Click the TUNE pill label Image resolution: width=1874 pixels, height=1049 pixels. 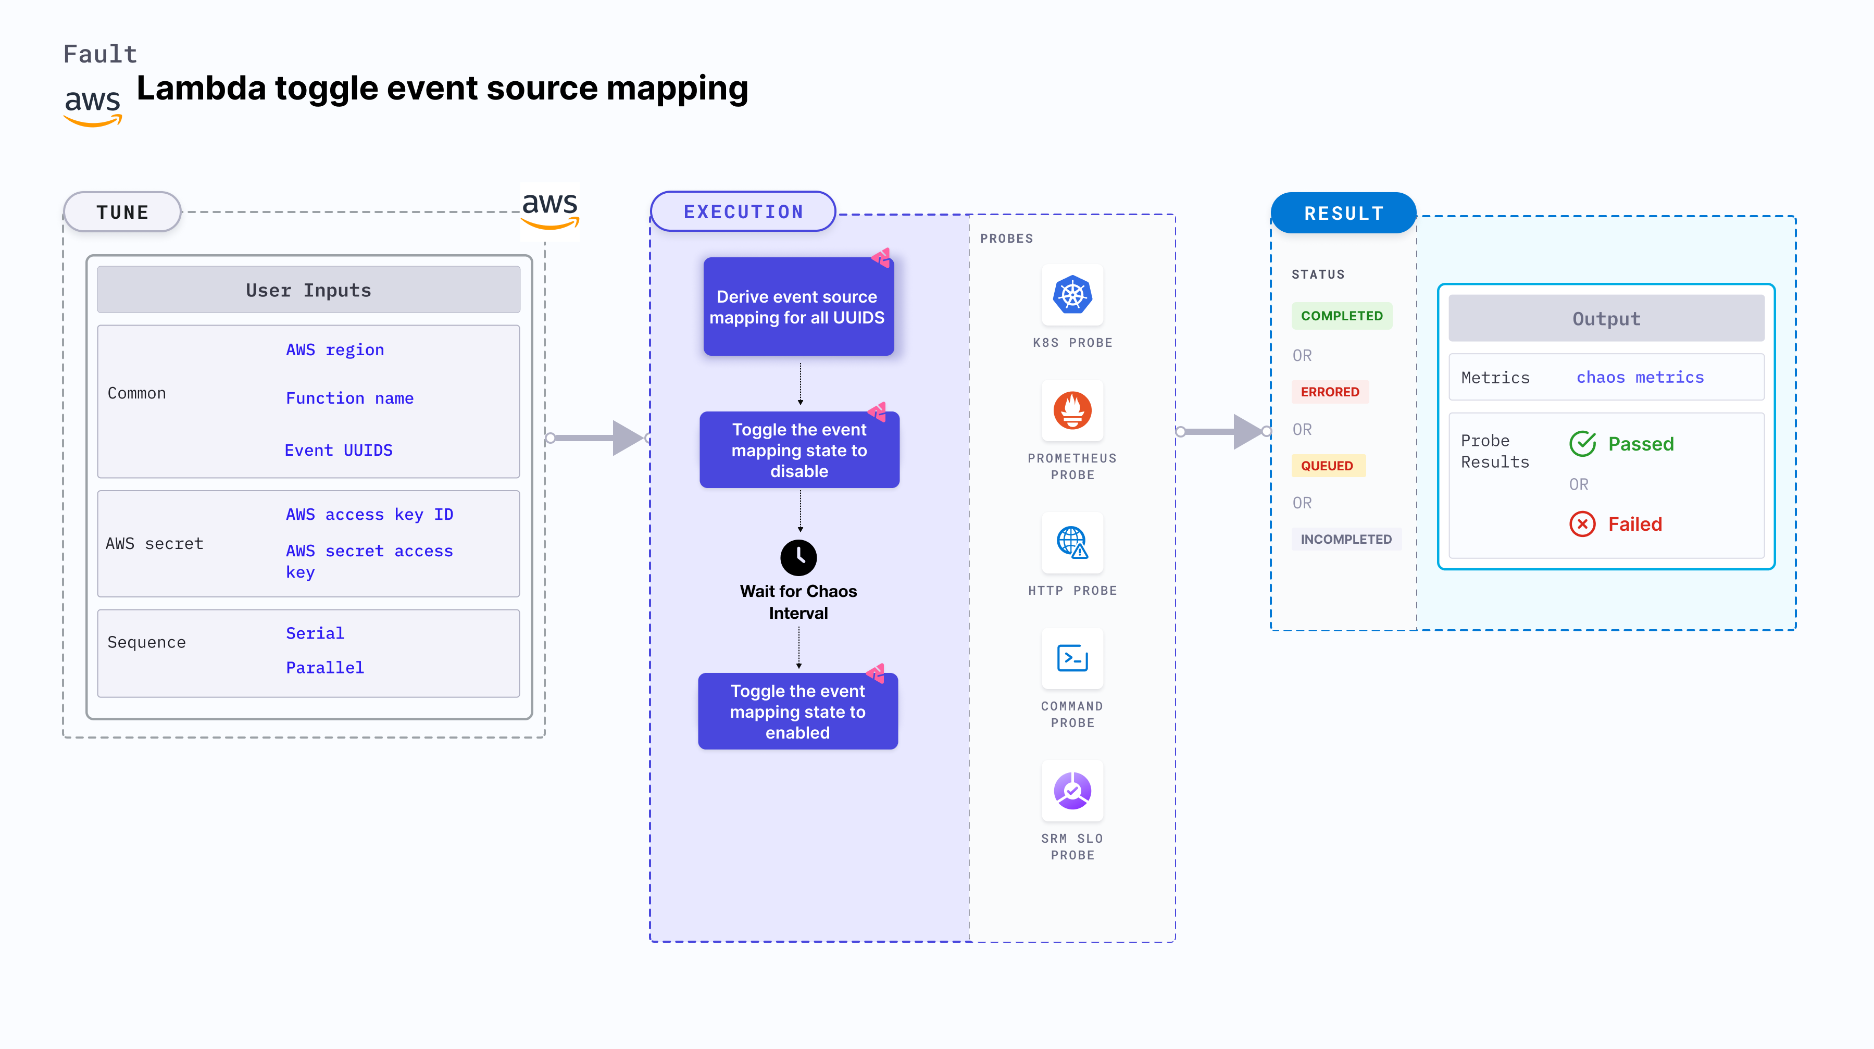click(x=122, y=213)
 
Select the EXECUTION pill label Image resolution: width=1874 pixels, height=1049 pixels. click(x=743, y=211)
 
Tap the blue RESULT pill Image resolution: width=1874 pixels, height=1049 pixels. click(x=1343, y=213)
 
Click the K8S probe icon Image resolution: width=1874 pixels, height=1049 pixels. click(x=1072, y=295)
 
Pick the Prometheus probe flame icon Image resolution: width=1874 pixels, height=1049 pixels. click(x=1072, y=410)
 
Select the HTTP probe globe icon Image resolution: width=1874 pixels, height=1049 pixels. click(x=1072, y=543)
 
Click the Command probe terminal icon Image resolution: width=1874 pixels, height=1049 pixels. click(x=1072, y=658)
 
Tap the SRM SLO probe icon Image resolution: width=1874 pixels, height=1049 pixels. click(x=1072, y=791)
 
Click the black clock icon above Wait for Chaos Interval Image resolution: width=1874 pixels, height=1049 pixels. click(x=798, y=557)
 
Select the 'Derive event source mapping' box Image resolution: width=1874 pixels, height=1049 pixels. click(x=798, y=307)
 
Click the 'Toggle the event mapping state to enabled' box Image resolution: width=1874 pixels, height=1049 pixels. click(x=797, y=711)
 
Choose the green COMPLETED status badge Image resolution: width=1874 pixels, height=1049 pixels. click(x=1342, y=316)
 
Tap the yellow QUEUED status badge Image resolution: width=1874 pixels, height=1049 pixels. click(x=1327, y=466)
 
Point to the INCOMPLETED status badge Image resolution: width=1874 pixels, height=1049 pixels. click(x=1345, y=539)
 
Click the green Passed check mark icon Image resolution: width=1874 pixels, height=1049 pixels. click(x=1582, y=444)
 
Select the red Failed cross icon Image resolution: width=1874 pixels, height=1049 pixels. click(x=1582, y=524)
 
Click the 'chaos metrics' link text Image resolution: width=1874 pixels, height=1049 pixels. click(x=1640, y=378)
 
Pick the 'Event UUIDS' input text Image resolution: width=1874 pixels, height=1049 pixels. click(x=338, y=451)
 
